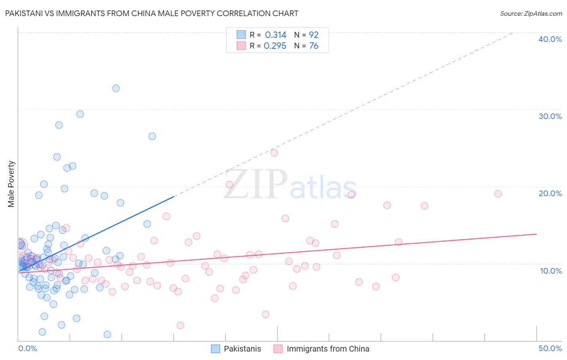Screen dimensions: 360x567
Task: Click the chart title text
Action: click(152, 13)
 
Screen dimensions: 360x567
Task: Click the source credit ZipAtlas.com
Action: click(531, 13)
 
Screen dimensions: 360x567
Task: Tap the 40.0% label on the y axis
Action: click(550, 39)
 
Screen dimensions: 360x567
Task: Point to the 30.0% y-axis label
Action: click(550, 116)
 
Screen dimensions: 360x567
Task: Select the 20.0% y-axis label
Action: click(550, 193)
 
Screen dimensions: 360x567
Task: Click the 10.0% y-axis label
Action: click(550, 271)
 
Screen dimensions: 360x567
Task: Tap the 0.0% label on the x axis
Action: click(27, 348)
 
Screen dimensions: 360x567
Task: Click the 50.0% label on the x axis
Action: click(550, 348)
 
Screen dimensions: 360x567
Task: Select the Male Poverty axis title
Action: click(11, 184)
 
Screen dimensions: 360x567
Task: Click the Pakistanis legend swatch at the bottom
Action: click(216, 349)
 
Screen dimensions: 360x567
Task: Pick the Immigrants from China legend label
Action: click(328, 349)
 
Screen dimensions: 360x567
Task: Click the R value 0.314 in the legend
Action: click(275, 35)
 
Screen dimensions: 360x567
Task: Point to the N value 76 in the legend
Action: click(314, 46)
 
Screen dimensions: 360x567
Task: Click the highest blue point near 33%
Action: click(116, 88)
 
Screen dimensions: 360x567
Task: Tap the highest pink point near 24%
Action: click(274, 153)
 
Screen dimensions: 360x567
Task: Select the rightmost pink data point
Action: click(498, 194)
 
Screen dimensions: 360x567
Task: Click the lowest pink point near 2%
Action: click(180, 325)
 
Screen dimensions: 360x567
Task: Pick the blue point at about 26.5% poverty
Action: click(152, 136)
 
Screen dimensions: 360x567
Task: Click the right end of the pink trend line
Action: click(536, 234)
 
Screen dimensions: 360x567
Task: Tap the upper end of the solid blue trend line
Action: click(174, 197)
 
